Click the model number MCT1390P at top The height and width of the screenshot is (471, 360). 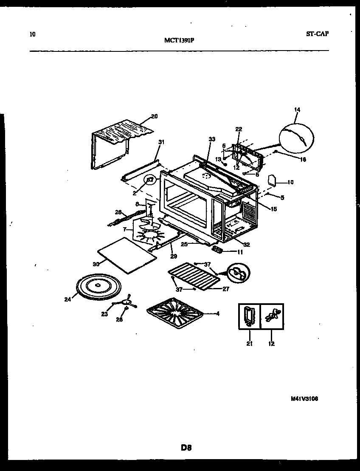click(179, 40)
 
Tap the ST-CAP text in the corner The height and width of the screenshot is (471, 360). click(317, 34)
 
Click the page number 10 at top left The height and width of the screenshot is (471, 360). click(33, 34)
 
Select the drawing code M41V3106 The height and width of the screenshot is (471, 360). click(304, 399)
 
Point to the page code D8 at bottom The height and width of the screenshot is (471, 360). click(186, 447)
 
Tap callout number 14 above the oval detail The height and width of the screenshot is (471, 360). click(297, 110)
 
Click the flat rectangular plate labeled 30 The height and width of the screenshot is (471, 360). click(124, 254)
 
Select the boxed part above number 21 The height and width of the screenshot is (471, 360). click(248, 317)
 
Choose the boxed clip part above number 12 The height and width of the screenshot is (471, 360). click(272, 317)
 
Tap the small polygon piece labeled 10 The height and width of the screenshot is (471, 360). click(272, 181)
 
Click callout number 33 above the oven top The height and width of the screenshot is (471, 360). click(211, 138)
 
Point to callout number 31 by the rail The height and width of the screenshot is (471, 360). click(160, 142)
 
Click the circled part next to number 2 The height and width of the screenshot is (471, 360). click(150, 181)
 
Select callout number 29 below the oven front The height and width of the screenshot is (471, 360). click(173, 256)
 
